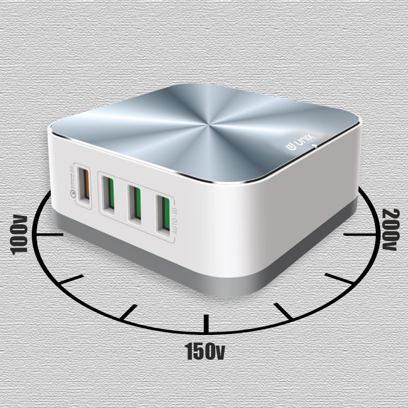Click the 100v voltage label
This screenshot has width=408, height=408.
click(x=18, y=235)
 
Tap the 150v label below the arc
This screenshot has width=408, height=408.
click(x=205, y=351)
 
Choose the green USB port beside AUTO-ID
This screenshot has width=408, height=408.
click(x=164, y=214)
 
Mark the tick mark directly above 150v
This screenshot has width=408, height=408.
click(x=205, y=324)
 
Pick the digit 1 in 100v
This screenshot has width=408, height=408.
click(x=18, y=247)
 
